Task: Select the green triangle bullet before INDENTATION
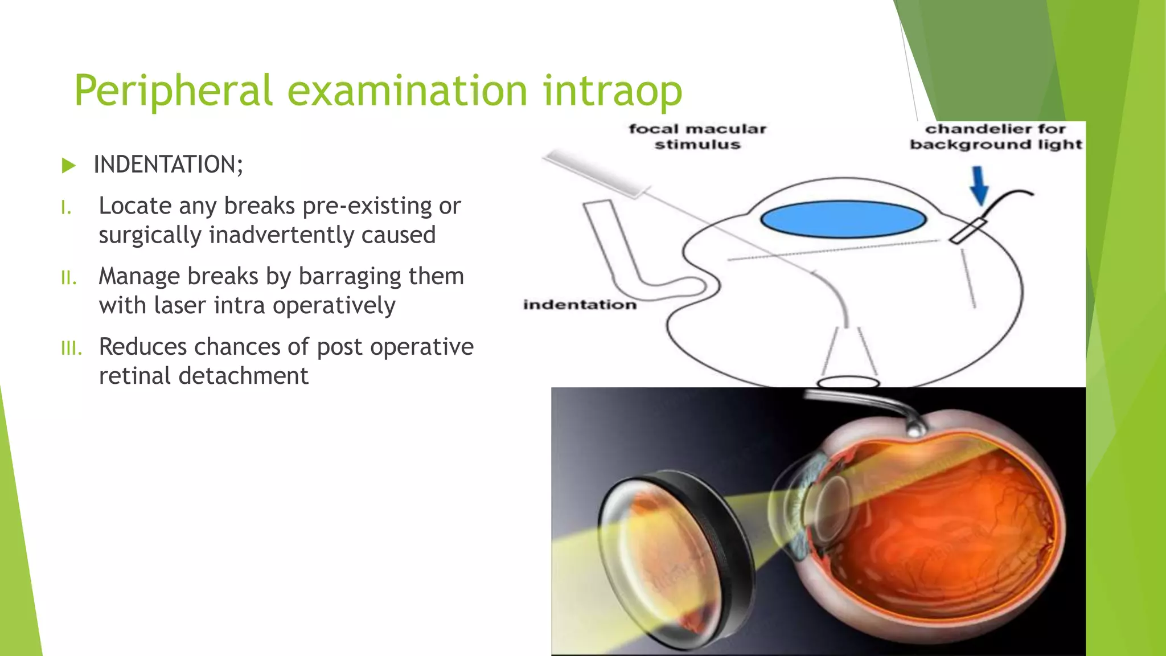[x=68, y=166]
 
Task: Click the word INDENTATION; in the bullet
[x=168, y=165]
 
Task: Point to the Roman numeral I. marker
[x=66, y=208]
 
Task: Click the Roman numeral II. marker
[x=68, y=278]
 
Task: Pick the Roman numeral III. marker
[x=71, y=348]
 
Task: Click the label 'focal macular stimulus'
[x=697, y=137]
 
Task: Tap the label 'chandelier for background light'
[x=995, y=137]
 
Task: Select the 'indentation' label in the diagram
[x=580, y=305]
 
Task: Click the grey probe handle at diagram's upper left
[x=592, y=173]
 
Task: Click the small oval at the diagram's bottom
[x=848, y=382]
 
